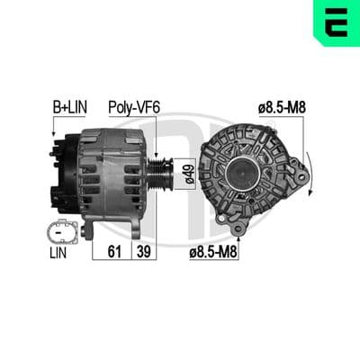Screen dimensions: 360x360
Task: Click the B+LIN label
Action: tap(70, 107)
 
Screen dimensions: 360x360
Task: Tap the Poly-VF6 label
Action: tap(134, 107)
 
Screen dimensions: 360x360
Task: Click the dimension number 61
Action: tap(114, 251)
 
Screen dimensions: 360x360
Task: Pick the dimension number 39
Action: tap(144, 251)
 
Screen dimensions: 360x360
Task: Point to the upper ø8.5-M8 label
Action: tap(282, 107)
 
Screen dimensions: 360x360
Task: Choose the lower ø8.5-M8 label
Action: tap(213, 252)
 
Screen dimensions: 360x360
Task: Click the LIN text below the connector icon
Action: tap(58, 253)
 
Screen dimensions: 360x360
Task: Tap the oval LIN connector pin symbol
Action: tap(62, 232)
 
